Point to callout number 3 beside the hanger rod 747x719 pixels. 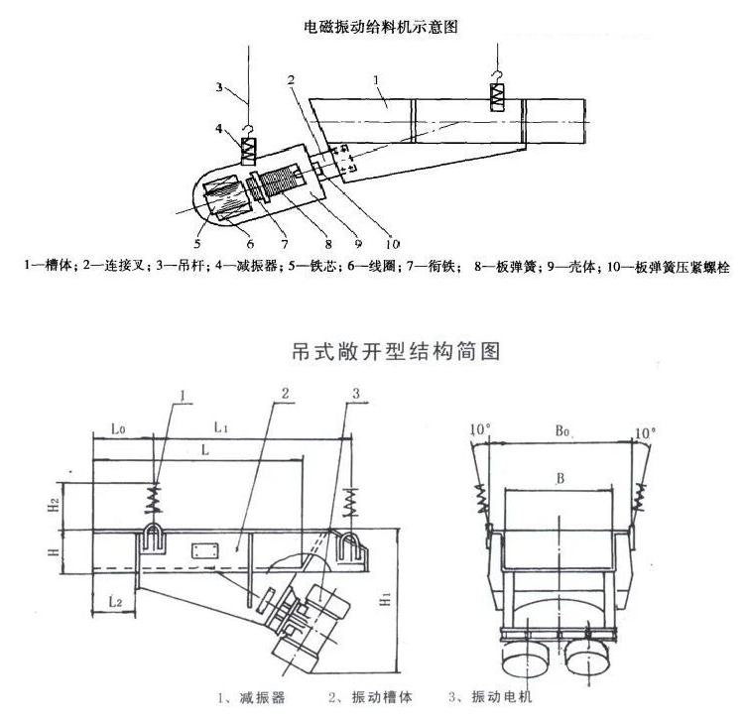click(219, 87)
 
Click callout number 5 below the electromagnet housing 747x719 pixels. click(197, 241)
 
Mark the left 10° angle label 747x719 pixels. click(480, 429)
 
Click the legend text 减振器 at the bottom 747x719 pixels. click(250, 698)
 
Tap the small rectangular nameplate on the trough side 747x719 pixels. click(206, 551)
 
